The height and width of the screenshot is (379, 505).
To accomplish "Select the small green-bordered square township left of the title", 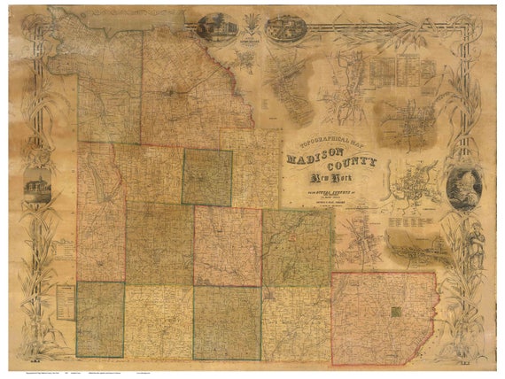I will pyautogui.click(x=207, y=177).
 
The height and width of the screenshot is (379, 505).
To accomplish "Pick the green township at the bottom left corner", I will pyautogui.click(x=99, y=320).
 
